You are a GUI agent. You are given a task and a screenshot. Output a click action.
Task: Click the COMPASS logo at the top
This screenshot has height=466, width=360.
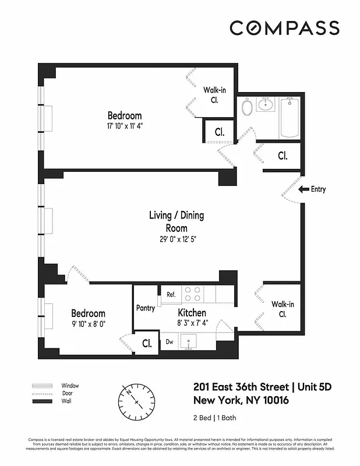(x=284, y=27)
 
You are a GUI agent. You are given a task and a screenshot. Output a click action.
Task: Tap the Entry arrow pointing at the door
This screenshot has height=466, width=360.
(x=303, y=189)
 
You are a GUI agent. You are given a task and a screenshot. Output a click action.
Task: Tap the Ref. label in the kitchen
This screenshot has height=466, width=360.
(x=171, y=295)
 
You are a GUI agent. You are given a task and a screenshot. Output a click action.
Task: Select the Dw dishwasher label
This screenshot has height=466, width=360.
(x=169, y=342)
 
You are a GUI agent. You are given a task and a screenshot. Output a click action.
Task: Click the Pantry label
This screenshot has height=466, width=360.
(x=145, y=308)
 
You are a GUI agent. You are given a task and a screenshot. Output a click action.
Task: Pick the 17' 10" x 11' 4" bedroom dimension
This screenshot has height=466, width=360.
(x=124, y=126)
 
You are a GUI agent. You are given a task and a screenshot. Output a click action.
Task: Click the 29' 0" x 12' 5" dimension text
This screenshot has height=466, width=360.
(x=177, y=239)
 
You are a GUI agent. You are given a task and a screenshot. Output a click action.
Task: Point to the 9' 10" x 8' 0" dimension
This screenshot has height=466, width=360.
(x=89, y=324)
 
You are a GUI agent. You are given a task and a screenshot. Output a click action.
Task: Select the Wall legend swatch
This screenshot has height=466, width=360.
(x=42, y=402)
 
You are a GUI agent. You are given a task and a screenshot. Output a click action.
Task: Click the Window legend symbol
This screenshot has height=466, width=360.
(x=42, y=386)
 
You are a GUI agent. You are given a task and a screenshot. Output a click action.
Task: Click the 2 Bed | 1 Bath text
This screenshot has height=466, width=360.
(x=214, y=418)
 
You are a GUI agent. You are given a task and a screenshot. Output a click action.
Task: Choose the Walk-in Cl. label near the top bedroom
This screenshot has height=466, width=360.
(x=215, y=94)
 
